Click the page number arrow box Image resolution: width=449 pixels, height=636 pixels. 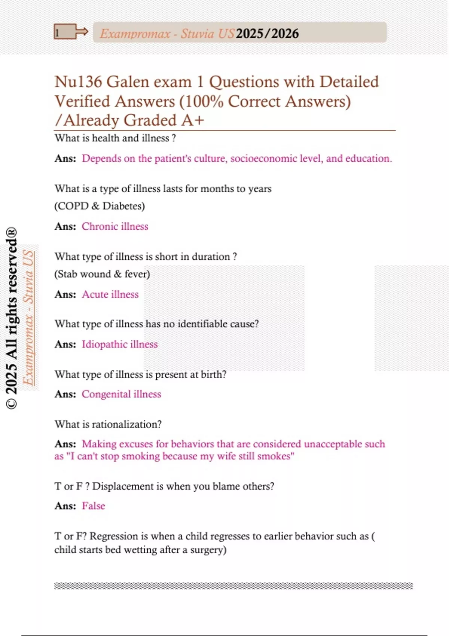click(x=70, y=32)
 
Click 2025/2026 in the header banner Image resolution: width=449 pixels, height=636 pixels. click(x=267, y=34)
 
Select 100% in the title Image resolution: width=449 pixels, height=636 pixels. click(x=204, y=101)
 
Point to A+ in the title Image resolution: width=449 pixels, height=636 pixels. click(x=192, y=120)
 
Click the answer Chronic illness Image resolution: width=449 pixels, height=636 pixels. click(x=115, y=226)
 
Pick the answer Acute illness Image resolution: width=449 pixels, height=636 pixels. click(x=110, y=294)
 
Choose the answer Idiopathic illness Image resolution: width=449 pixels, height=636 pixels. click(x=120, y=344)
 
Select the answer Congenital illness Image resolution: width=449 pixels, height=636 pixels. click(x=121, y=394)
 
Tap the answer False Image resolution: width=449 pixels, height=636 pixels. click(x=94, y=506)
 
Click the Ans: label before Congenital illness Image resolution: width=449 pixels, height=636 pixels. click(x=65, y=394)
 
